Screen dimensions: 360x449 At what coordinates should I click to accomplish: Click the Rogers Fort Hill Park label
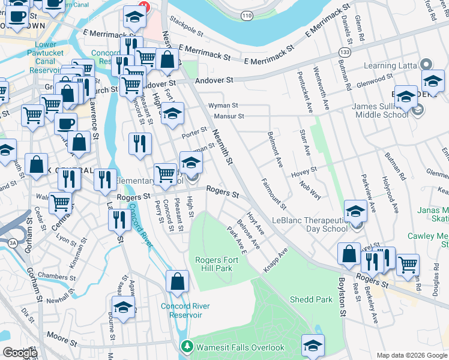click(x=214, y=264)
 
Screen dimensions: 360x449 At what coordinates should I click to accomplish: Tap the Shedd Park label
click(x=310, y=299)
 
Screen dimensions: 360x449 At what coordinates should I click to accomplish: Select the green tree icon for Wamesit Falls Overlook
click(x=187, y=347)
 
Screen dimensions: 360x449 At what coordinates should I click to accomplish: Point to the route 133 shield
click(x=345, y=52)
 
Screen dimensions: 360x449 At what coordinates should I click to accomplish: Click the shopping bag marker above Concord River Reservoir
click(x=178, y=281)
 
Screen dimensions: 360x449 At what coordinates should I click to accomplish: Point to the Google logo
click(x=20, y=353)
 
